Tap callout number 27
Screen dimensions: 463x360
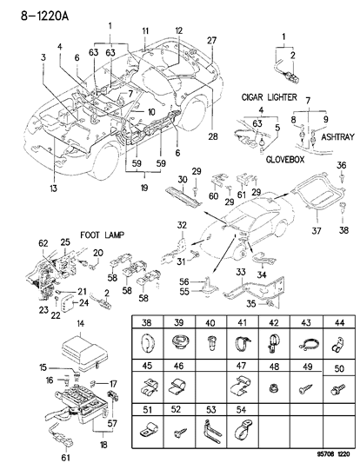pyautogui.click(x=211, y=41)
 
